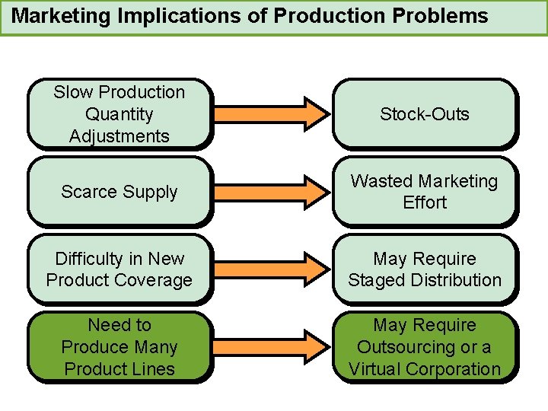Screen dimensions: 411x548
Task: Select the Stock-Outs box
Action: click(x=424, y=114)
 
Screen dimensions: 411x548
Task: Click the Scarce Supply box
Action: click(x=119, y=192)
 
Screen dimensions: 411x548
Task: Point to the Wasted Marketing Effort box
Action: click(x=424, y=192)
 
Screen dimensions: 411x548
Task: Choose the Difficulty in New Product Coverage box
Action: click(x=119, y=269)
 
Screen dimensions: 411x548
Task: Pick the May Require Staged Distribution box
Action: click(x=424, y=269)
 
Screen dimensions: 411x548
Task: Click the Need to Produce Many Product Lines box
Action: click(x=119, y=347)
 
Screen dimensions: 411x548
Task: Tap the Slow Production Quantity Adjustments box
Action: click(x=119, y=114)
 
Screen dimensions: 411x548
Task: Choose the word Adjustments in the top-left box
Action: click(x=119, y=136)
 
